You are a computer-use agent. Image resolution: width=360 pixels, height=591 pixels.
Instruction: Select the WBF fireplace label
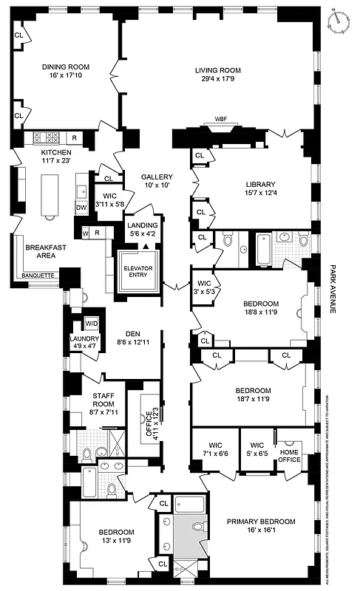point(220,118)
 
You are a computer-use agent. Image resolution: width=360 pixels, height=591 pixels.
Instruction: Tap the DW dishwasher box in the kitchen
point(82,208)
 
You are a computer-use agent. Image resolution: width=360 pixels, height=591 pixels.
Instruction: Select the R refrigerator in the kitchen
point(74,138)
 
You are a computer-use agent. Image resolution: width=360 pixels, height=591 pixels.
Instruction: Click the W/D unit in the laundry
point(91,324)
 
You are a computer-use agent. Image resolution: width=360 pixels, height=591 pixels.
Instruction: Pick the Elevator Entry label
point(139,270)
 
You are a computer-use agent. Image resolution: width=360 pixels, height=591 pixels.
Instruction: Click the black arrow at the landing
point(146,246)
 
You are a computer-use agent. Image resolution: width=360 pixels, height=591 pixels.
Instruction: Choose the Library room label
point(261,184)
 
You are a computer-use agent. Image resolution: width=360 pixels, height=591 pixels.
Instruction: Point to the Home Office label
point(289,454)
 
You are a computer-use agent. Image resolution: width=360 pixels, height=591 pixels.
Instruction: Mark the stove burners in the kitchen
point(46,137)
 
